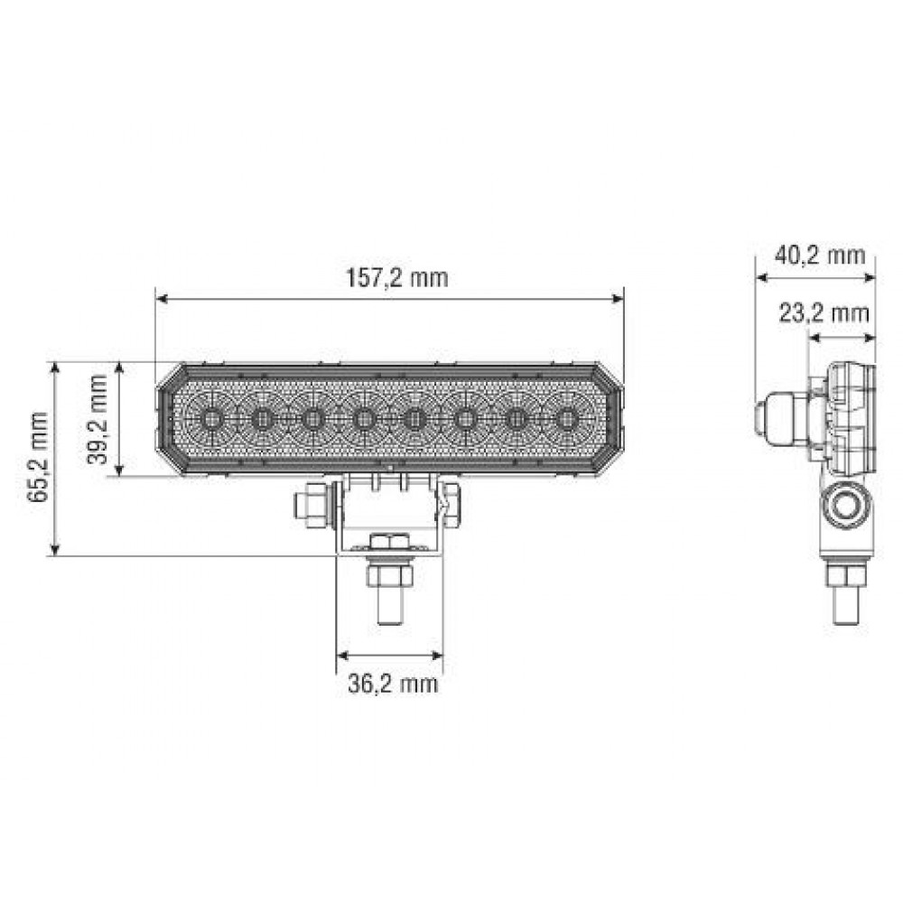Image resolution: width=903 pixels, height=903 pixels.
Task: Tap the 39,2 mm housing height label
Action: (x=99, y=418)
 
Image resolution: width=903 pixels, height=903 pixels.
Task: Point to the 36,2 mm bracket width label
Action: (x=393, y=684)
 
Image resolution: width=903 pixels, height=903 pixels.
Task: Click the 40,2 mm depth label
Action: (x=820, y=255)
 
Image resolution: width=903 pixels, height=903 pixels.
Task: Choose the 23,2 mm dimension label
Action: (x=824, y=313)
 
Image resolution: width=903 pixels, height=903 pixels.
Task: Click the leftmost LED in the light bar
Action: (x=211, y=419)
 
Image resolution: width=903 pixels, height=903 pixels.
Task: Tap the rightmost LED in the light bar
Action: (x=566, y=419)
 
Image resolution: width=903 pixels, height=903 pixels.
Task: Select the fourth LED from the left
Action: (x=364, y=419)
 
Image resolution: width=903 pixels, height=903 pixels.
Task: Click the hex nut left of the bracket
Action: (x=313, y=506)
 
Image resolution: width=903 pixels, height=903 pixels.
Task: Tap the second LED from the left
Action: (x=262, y=419)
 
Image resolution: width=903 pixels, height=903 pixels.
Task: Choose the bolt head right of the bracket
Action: (x=451, y=505)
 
